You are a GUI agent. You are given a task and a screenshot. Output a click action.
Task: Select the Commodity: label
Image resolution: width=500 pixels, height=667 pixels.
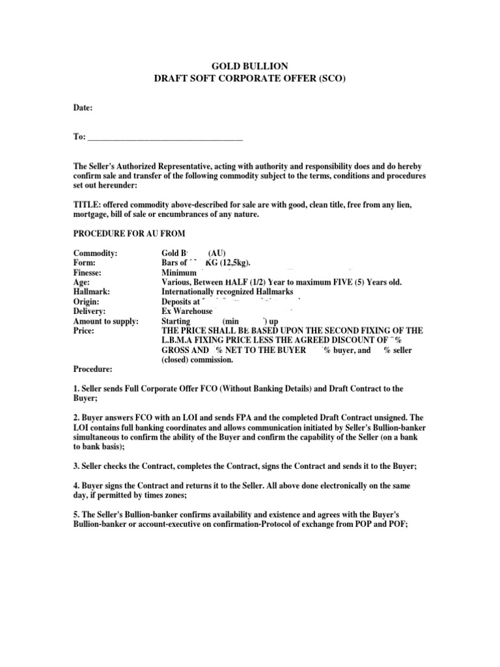[x=95, y=253]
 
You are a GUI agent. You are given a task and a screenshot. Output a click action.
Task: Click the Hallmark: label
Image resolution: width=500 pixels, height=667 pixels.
[x=91, y=292]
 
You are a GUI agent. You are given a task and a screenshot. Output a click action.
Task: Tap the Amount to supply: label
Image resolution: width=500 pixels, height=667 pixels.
[x=105, y=321]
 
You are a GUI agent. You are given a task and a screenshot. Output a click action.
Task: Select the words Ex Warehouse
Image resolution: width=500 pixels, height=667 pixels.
[x=186, y=311]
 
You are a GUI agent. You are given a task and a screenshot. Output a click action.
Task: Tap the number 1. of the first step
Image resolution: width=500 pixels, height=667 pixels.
[x=76, y=388]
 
